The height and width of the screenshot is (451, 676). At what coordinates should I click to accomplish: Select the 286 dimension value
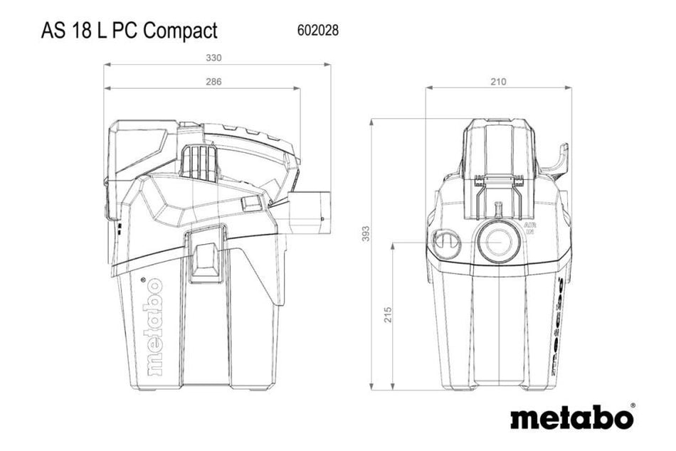tap(214, 82)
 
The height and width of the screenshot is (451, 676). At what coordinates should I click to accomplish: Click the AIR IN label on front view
tap(529, 228)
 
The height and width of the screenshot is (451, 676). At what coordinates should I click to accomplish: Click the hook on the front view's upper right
tap(559, 161)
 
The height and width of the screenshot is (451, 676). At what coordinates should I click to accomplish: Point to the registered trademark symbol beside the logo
tap(633, 406)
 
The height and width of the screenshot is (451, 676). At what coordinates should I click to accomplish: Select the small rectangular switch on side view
tap(250, 204)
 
